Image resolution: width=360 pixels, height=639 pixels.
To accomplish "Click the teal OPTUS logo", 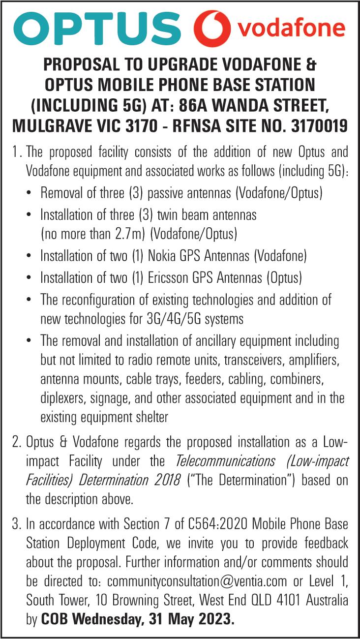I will point(96,28).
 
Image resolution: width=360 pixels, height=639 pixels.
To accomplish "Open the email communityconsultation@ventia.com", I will point(197,581).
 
